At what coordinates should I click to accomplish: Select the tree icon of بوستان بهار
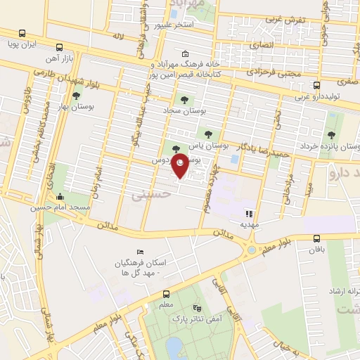tap(75, 96)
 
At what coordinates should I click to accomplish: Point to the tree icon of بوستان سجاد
tap(185, 100)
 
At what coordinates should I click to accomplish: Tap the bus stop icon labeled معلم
tap(167, 294)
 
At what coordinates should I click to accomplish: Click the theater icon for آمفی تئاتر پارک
tap(197, 308)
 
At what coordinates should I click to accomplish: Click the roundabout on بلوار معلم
tap(252, 250)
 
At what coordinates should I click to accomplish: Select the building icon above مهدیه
tap(247, 213)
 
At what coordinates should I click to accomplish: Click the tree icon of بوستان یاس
tap(207, 133)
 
